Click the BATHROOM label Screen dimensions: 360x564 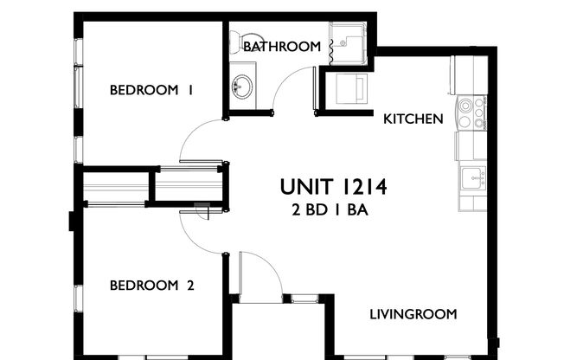coord(281,46)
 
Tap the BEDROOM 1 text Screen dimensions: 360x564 coord(151,90)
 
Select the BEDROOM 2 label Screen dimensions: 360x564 coord(151,285)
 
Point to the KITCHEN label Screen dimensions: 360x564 coord(413,119)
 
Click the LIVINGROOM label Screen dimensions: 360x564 coord(413,313)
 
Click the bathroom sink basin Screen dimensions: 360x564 coord(243,87)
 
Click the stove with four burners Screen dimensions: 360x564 coord(471,113)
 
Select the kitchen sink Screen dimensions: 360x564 coord(471,178)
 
